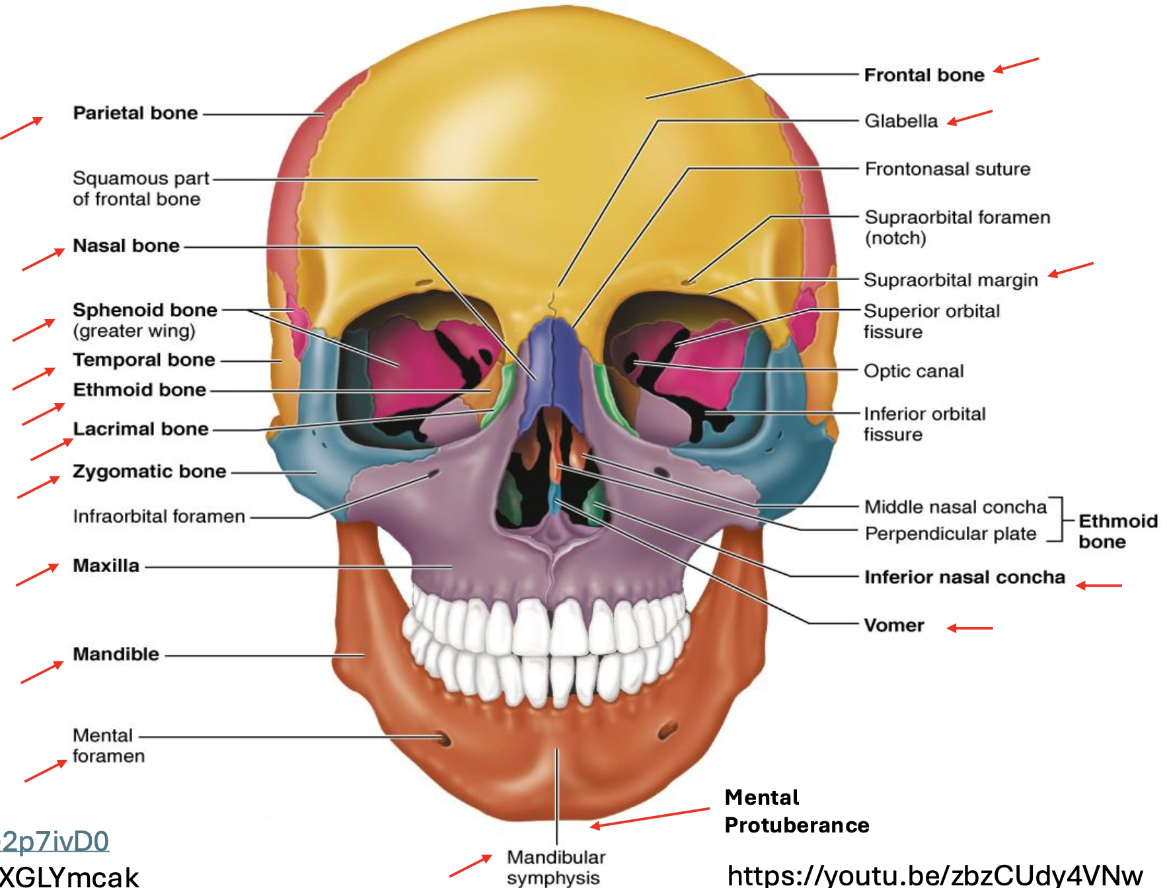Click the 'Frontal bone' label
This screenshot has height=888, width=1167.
point(924,75)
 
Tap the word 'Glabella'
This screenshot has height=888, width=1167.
point(901,121)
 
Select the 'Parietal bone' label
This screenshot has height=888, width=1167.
point(135,113)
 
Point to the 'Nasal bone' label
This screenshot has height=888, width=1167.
point(126,246)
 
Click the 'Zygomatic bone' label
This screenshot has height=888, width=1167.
point(149,472)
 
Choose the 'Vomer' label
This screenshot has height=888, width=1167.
point(893,625)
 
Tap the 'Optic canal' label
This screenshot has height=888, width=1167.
point(913,371)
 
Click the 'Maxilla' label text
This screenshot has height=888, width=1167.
point(106,566)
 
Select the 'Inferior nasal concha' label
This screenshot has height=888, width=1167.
point(964,577)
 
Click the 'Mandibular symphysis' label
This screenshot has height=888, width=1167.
point(555,867)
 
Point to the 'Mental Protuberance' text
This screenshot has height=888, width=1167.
point(796,811)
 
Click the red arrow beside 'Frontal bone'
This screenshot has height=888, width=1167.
point(1016,65)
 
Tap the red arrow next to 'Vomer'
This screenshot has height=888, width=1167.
point(969,628)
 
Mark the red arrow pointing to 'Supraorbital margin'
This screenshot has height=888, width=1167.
point(1071,270)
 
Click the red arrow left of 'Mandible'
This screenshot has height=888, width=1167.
point(42,672)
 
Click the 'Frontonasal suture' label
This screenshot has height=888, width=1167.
point(947,169)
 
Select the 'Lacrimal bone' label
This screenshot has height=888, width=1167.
point(140,429)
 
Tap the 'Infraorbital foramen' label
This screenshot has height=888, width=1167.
point(159,516)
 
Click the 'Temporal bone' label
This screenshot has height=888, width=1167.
point(143,360)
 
